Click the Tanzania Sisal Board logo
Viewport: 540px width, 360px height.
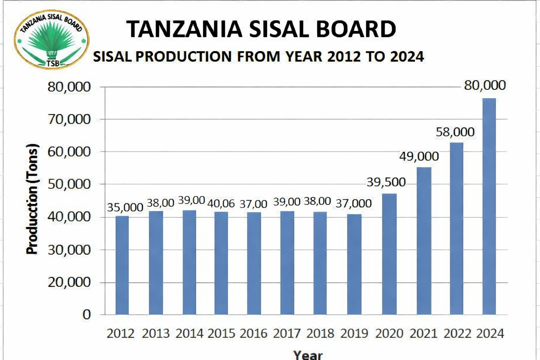(x=51, y=39)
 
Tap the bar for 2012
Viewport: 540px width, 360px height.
(x=122, y=265)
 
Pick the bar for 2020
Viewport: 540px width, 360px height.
(x=389, y=254)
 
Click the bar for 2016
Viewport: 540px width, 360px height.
(x=254, y=263)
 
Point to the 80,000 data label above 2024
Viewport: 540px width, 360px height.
(x=484, y=85)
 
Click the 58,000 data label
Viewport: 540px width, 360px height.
(x=455, y=132)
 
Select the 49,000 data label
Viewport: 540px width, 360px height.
(x=419, y=156)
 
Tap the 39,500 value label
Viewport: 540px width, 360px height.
(x=386, y=182)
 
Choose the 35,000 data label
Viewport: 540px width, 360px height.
(x=125, y=207)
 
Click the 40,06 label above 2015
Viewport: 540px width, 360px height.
(x=221, y=204)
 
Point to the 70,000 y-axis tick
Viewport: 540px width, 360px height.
(x=69, y=120)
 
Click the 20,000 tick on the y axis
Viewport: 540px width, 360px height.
(x=69, y=282)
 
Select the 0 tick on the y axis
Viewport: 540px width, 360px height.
(x=86, y=315)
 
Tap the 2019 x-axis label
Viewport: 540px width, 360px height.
(x=354, y=333)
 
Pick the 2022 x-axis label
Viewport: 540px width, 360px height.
(x=457, y=333)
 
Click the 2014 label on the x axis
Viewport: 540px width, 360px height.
(x=189, y=333)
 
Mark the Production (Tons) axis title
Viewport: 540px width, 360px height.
(x=32, y=199)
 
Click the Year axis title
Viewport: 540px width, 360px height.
(x=308, y=354)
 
